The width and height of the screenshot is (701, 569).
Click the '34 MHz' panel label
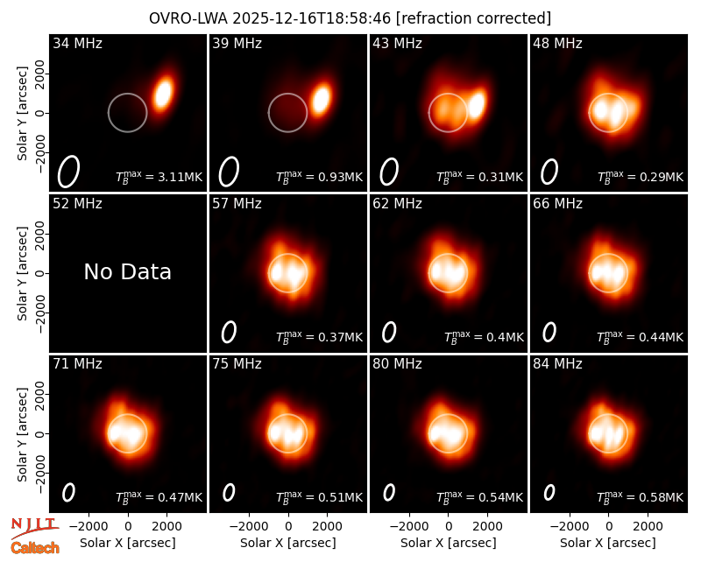(77, 43)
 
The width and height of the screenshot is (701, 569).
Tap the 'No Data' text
(128, 271)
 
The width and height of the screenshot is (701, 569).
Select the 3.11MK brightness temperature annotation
(159, 177)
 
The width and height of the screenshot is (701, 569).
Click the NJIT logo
(34, 527)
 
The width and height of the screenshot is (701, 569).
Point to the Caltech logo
(35, 548)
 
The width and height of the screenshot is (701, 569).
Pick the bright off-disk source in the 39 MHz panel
(321, 99)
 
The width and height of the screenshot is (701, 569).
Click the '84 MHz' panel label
(557, 364)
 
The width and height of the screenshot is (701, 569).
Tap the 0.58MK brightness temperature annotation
(641, 497)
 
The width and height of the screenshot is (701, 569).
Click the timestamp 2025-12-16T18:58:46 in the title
(311, 18)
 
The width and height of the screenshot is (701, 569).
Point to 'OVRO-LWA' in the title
(188, 18)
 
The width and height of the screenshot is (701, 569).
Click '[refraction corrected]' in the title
(473, 18)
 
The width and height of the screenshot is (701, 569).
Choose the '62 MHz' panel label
(397, 204)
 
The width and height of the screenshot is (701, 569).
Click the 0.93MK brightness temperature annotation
(319, 177)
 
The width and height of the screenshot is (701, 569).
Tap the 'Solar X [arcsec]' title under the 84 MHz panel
(608, 543)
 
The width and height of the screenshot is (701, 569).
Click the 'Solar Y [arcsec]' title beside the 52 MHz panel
(22, 273)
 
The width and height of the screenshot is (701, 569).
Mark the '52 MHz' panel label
(77, 204)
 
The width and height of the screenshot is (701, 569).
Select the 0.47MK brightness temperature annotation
(159, 497)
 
